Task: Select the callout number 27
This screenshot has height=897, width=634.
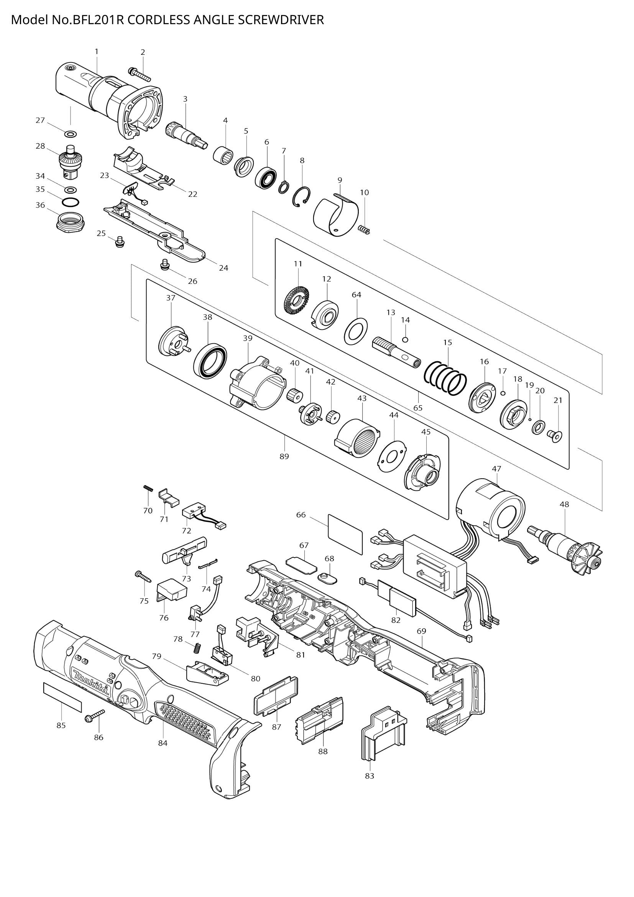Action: (40, 120)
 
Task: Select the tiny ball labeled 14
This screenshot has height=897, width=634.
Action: (405, 339)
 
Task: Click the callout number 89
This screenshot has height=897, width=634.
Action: (284, 456)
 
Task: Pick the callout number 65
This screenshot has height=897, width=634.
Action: (418, 408)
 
